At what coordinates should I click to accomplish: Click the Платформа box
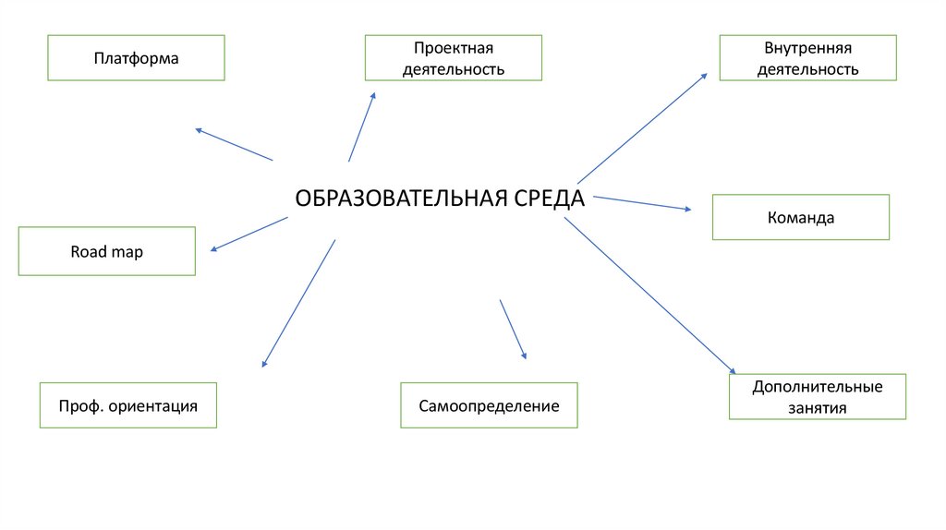pos(136,58)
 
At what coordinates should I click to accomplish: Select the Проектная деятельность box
pos(453,58)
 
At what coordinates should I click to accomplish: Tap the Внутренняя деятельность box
pos(807,58)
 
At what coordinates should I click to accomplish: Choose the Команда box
pos(800,218)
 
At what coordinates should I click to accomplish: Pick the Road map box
pos(106,251)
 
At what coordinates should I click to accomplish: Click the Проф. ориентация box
pos(127,405)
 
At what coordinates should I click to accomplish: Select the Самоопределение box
pos(489,405)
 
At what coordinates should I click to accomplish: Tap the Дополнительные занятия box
pos(817,397)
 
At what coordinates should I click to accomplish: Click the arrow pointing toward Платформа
pos(234,144)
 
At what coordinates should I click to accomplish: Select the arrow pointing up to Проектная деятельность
pos(362,126)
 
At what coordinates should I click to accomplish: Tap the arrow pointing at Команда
pos(641,203)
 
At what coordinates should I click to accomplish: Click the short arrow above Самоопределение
pos(513,329)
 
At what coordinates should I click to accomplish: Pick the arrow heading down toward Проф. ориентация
pos(298,304)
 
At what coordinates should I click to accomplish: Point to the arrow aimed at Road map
pos(249,234)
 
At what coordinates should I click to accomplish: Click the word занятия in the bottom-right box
pos(817,407)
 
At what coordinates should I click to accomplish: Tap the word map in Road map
pos(127,251)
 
